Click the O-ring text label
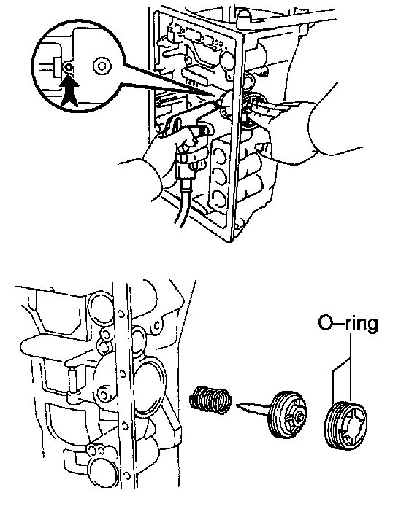click(x=348, y=324)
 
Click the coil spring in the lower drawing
click(x=210, y=400)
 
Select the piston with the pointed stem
click(x=272, y=413)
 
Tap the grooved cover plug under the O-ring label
click(x=346, y=424)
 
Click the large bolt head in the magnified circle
click(x=102, y=66)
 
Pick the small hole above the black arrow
click(x=69, y=68)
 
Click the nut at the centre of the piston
click(x=299, y=416)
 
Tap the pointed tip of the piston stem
click(x=237, y=405)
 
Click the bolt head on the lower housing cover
click(x=104, y=395)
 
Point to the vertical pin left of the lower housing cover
click(x=72, y=381)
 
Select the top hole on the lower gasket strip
click(x=121, y=314)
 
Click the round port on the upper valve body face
click(x=228, y=60)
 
